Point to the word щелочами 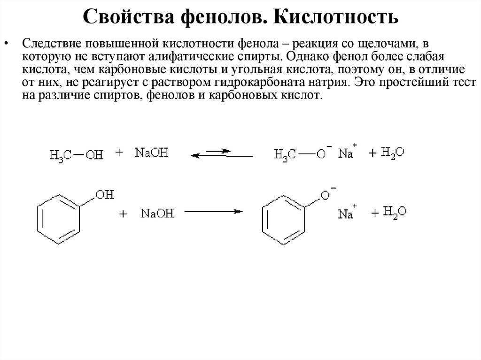pyautogui.click(x=392, y=44)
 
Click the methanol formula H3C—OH pyautogui.click(x=76, y=155)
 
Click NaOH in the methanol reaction pyautogui.click(x=151, y=153)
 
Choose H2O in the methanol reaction pyautogui.click(x=393, y=153)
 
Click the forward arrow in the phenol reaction pyautogui.click(x=213, y=212)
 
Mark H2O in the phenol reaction pyautogui.click(x=395, y=212)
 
